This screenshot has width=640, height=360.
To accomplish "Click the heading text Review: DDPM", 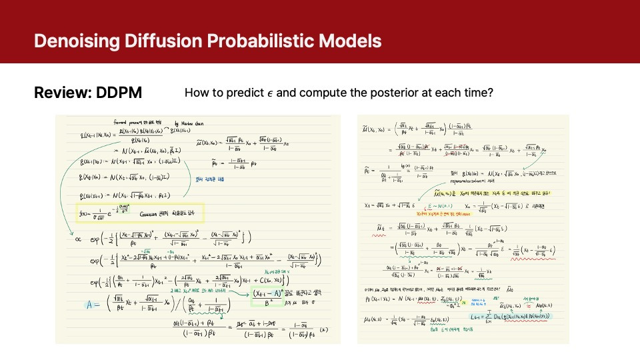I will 88,93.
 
